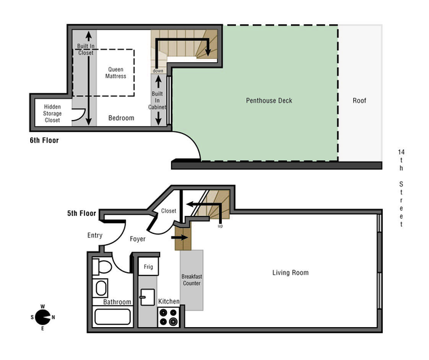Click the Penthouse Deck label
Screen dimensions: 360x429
(x=268, y=101)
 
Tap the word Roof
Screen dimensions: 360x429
(x=359, y=101)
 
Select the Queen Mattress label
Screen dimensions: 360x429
(x=116, y=72)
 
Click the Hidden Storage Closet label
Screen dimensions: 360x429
(x=52, y=113)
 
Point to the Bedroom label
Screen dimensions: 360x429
(x=121, y=118)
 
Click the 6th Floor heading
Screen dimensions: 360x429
(x=44, y=141)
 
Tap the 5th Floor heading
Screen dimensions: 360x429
(x=81, y=214)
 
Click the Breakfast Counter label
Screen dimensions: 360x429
(x=191, y=280)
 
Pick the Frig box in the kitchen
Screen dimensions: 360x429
(x=148, y=267)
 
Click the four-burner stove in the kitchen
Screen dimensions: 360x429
(x=168, y=316)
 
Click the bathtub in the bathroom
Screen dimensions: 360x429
(x=112, y=316)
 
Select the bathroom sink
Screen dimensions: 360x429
(x=101, y=289)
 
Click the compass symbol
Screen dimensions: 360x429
(x=42, y=317)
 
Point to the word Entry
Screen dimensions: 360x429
(x=95, y=235)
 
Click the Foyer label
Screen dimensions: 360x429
(x=137, y=239)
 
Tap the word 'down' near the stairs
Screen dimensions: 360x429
(x=158, y=70)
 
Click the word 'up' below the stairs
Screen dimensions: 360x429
(x=220, y=226)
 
